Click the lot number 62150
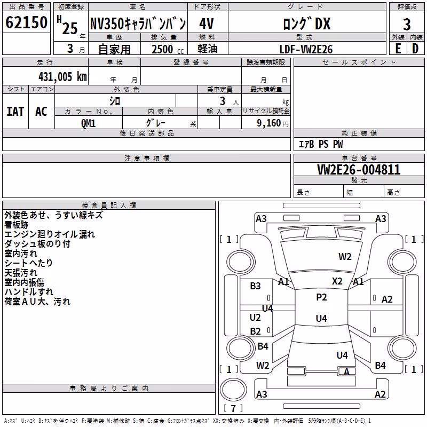[26, 22]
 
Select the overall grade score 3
[407, 25]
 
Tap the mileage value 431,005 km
[62, 77]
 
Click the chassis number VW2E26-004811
[359, 170]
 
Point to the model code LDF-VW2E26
[306, 49]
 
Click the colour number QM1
[88, 123]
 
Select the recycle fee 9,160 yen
[273, 123]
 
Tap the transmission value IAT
[15, 112]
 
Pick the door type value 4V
[207, 23]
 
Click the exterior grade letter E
[398, 49]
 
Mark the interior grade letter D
[415, 49]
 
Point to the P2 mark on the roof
[321, 297]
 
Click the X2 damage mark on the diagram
[337, 281]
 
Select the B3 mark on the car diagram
[255, 286]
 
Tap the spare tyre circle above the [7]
[233, 389]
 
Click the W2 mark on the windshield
[345, 257]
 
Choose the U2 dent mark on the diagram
[255, 317]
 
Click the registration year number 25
[70, 28]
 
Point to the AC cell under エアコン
[42, 112]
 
